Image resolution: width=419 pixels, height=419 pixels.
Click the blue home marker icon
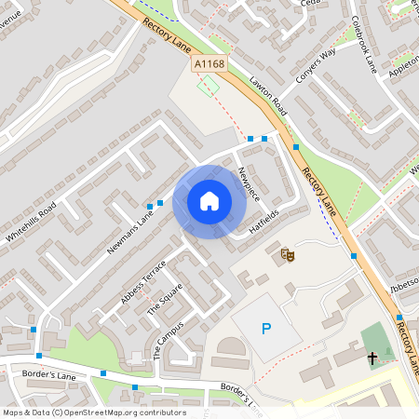tap(209, 201)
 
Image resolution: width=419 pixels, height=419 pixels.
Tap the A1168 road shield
tap(209, 63)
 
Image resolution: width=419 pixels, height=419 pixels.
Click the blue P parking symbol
tap(266, 329)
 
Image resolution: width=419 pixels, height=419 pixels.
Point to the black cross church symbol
tap(372, 357)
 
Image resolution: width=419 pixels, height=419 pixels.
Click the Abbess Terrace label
tap(143, 281)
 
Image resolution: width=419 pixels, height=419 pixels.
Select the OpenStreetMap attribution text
tap(94, 412)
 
